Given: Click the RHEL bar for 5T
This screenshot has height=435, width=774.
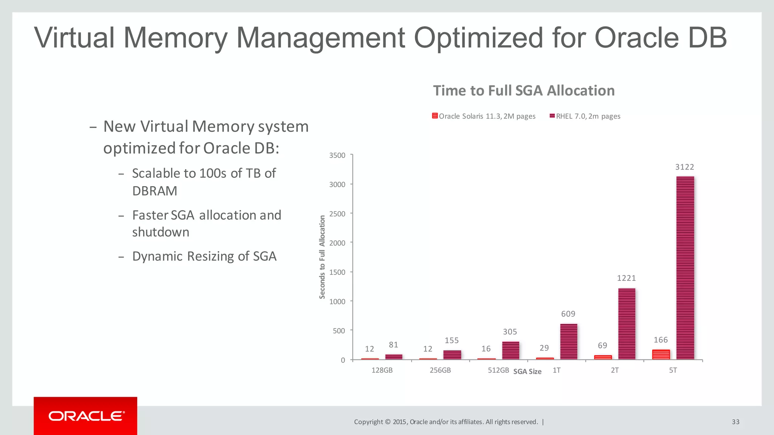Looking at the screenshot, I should (x=685, y=268).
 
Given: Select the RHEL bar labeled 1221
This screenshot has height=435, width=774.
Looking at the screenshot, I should (x=627, y=324).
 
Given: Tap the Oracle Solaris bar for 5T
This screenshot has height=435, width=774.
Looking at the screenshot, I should (x=661, y=355).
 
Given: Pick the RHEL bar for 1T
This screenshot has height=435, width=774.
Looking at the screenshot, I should (x=568, y=341).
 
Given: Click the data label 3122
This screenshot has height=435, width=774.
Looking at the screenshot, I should (x=684, y=167).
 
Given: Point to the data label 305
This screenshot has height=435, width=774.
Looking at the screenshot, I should (x=509, y=332).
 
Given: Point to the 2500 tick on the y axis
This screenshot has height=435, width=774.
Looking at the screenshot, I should (x=337, y=214).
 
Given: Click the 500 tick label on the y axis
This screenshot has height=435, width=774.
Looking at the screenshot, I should (x=339, y=331).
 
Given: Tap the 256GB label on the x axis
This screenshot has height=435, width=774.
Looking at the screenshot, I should (x=440, y=370).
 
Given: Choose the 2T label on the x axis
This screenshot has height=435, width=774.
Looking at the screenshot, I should (x=615, y=370).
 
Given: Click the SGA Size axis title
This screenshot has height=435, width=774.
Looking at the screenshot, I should (x=527, y=372).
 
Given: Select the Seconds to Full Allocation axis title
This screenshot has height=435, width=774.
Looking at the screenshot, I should (x=322, y=257).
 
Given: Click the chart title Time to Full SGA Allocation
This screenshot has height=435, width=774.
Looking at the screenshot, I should (x=523, y=91).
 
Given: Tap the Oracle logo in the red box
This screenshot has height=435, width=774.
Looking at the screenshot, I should (x=86, y=416).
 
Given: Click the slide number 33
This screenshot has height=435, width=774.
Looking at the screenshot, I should (x=735, y=422).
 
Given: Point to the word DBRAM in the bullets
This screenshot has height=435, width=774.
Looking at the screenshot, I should (x=155, y=191).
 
